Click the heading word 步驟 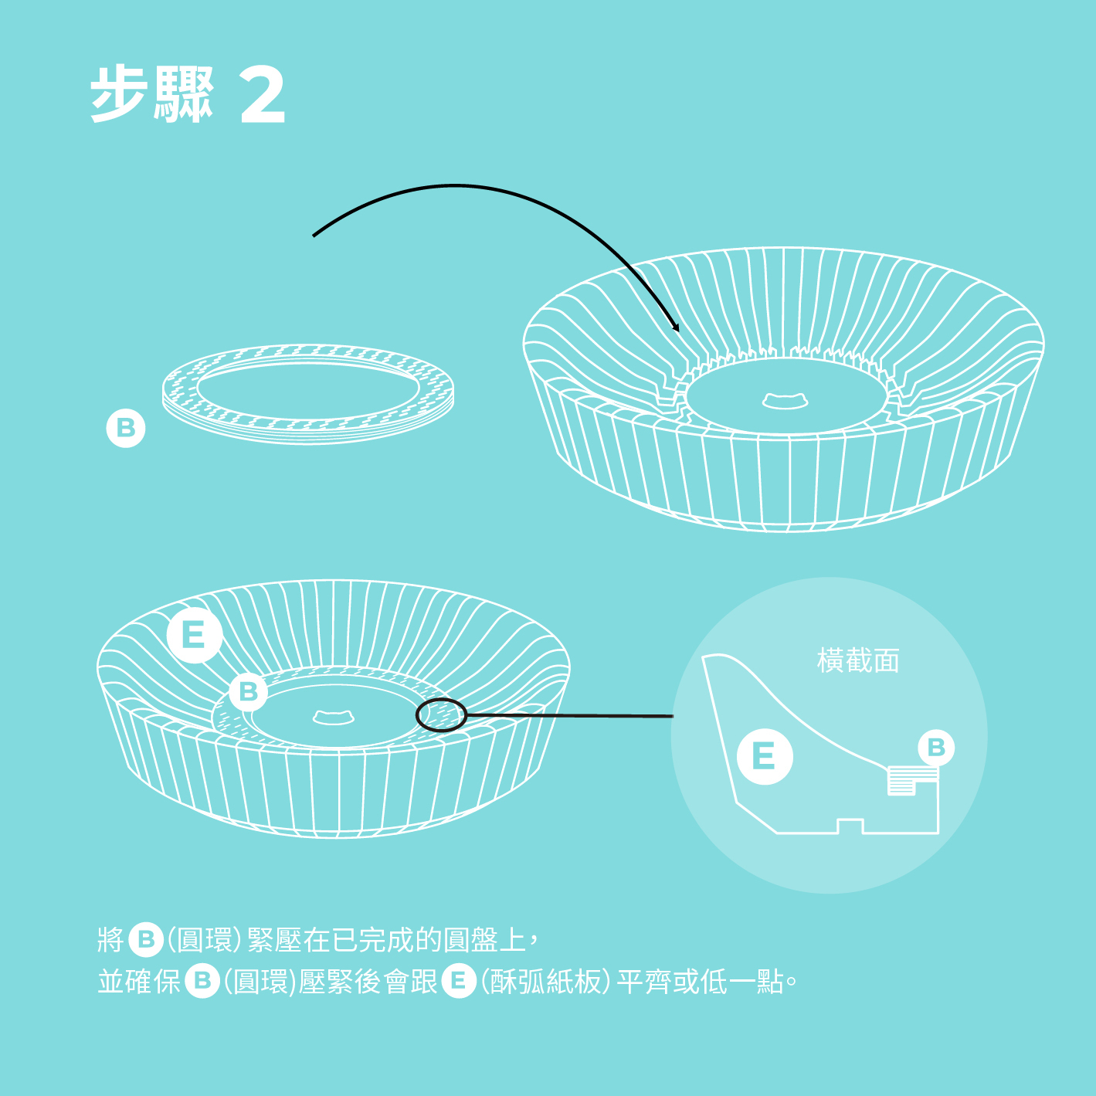[x=152, y=94]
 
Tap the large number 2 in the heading [x=262, y=94]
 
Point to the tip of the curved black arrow [x=678, y=331]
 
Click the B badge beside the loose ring [x=126, y=428]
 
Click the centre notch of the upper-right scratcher [x=785, y=400]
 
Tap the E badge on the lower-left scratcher [x=194, y=635]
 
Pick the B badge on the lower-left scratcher [x=249, y=691]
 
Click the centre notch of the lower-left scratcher [x=334, y=718]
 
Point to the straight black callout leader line [x=570, y=715]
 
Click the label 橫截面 [x=857, y=661]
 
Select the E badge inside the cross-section [x=765, y=756]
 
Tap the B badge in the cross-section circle [x=936, y=748]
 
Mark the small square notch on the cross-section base [x=850, y=826]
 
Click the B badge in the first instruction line [x=146, y=939]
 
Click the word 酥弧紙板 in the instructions [x=545, y=982]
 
